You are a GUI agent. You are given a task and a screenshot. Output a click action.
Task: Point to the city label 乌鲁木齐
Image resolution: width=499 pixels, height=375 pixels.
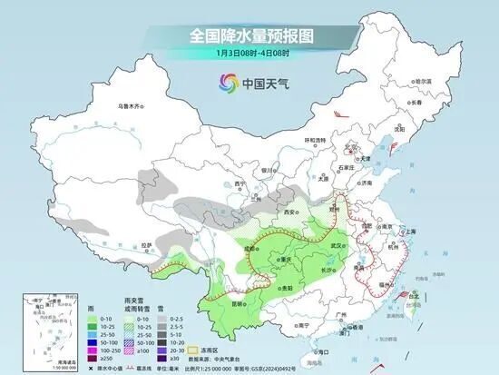click(131, 106)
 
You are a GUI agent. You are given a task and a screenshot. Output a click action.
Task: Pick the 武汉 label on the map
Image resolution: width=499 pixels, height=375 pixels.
click(339, 245)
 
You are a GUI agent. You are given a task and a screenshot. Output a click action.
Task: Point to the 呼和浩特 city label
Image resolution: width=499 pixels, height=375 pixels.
click(314, 140)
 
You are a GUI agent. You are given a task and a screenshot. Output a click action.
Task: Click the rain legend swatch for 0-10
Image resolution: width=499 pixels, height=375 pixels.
click(93, 319)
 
